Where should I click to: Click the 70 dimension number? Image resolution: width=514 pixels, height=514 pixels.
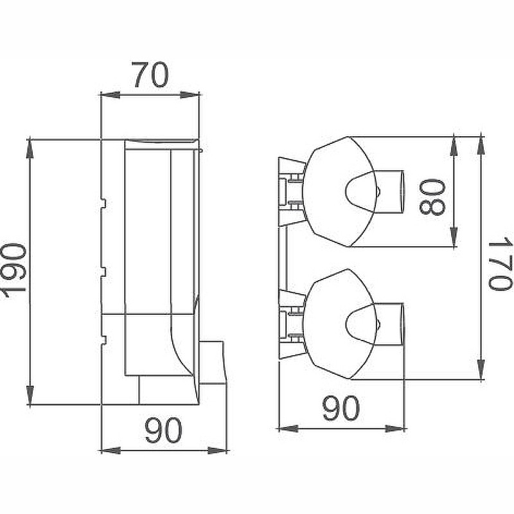(x=152, y=75)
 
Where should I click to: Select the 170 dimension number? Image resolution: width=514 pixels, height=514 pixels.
(x=500, y=264)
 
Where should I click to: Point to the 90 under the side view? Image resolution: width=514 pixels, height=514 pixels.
(x=164, y=430)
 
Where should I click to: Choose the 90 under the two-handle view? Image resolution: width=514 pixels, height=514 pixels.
(x=341, y=408)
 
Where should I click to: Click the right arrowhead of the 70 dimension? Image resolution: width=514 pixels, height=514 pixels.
(x=190, y=95)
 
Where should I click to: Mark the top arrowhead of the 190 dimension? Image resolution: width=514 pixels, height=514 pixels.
(x=30, y=149)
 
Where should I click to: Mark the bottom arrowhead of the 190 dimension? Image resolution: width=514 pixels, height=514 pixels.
(x=30, y=395)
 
